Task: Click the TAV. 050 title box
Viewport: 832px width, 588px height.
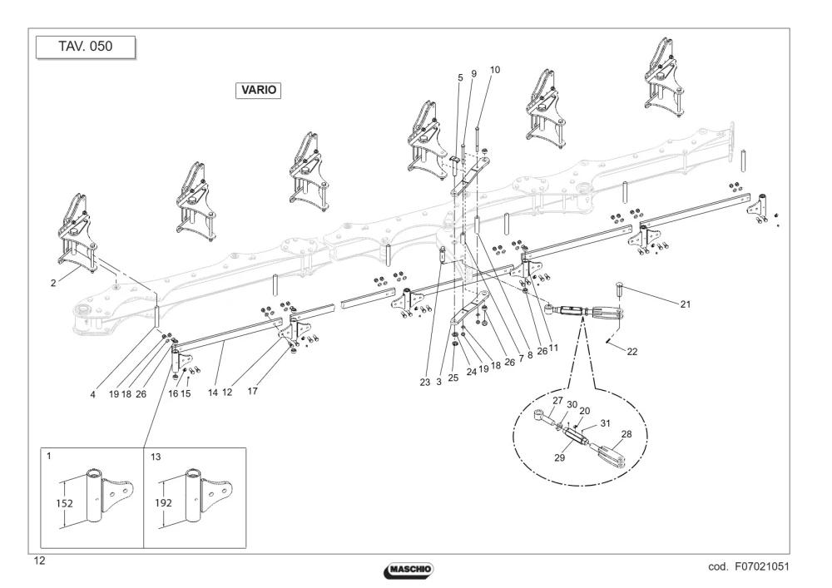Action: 86,47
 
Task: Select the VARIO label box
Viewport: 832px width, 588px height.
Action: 259,90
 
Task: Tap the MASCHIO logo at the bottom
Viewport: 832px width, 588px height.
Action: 409,570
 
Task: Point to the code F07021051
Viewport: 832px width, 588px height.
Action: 749,566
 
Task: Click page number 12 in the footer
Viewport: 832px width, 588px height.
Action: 39,561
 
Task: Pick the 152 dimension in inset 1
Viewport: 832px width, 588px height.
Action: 64,503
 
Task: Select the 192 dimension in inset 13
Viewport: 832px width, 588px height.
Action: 163,503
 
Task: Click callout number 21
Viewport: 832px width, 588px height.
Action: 686,304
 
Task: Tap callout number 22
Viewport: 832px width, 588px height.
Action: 632,352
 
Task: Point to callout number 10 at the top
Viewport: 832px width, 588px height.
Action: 494,70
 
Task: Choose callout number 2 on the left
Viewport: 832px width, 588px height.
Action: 53,283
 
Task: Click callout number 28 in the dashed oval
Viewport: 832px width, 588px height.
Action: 626,434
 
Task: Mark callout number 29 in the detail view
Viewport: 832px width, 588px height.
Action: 559,457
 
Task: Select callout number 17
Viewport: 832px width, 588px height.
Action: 253,391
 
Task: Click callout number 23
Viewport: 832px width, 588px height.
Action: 425,383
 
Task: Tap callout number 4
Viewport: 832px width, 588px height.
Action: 93,394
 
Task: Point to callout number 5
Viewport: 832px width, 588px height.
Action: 460,78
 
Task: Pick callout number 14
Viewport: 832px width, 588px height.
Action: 213,393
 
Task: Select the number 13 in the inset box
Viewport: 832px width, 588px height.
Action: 156,457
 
